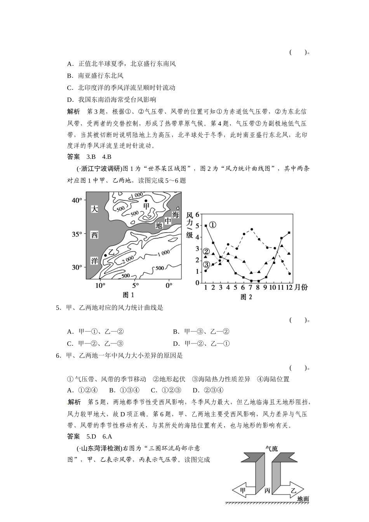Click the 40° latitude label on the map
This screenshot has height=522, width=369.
click(x=77, y=200)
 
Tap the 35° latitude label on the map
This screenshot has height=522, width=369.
click(x=77, y=234)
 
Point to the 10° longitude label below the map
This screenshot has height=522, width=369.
click(x=100, y=285)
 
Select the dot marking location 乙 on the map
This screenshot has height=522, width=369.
click(x=105, y=255)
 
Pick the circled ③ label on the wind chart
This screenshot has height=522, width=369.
click(x=206, y=264)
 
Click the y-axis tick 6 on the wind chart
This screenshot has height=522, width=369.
click(x=197, y=214)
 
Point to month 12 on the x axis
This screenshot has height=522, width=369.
click(x=289, y=287)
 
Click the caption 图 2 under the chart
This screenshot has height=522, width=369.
click(x=246, y=297)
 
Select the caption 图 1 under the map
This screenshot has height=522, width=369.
click(x=128, y=295)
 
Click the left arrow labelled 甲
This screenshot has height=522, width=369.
click(x=243, y=490)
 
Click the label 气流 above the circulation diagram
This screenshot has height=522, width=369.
click(x=272, y=449)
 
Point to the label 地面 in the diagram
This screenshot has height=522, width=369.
click(x=303, y=499)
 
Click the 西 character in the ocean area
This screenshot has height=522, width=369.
click(x=94, y=235)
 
